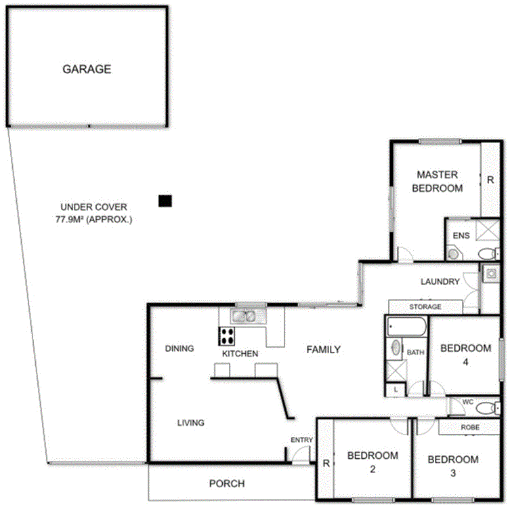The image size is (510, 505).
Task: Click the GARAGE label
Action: tap(87, 69)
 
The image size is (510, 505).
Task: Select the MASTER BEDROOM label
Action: tap(438, 181)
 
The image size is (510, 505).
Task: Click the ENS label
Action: tap(461, 236)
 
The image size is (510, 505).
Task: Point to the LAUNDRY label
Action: tap(440, 281)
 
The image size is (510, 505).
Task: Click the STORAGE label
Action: tap(425, 307)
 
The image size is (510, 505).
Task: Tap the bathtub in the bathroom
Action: tap(406, 328)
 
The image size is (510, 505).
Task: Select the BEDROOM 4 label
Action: tap(465, 355)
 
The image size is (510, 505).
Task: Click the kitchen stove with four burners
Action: tap(226, 336)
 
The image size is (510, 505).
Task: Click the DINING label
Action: tap(179, 348)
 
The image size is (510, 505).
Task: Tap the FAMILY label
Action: tap(323, 350)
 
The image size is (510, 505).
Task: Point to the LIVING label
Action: tap(190, 422)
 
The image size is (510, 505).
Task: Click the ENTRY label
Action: tap(301, 440)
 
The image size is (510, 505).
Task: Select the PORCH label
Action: tap(226, 483)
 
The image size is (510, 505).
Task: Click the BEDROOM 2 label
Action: tap(373, 462)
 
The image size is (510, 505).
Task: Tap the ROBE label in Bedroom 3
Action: tap(470, 428)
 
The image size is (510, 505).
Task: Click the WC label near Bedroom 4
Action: tap(467, 402)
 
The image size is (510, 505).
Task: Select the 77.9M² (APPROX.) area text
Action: tap(94, 220)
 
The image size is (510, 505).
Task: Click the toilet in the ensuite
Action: tap(486, 254)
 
